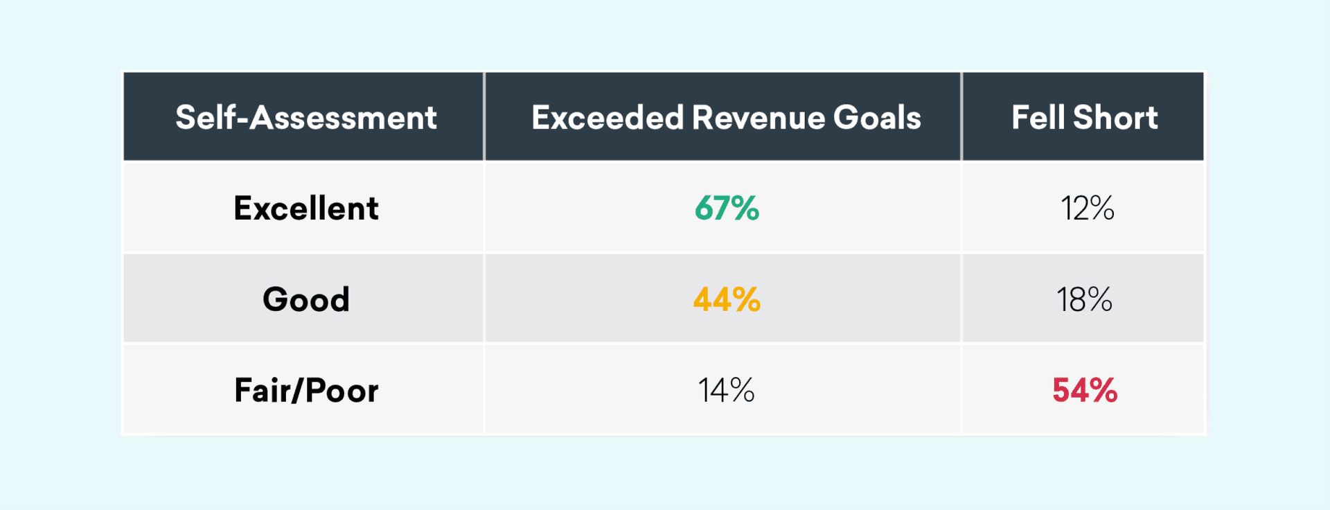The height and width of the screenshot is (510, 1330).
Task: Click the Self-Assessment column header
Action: click(305, 117)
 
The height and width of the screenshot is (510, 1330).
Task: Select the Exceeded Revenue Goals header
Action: click(726, 117)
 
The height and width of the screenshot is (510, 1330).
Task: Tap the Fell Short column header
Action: click(1084, 117)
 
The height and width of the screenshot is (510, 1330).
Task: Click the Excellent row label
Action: click(306, 208)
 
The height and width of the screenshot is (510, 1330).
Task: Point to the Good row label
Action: click(306, 299)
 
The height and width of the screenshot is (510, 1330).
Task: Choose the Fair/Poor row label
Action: click(306, 390)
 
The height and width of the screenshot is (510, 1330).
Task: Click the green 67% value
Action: click(727, 208)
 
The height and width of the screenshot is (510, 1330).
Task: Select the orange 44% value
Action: click(727, 299)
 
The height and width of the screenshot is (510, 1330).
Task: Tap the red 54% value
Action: click(1085, 390)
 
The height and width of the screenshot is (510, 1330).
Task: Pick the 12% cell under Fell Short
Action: click(1087, 208)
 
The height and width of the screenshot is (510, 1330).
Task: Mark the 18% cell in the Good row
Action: click(1084, 299)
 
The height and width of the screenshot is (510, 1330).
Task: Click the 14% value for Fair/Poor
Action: click(726, 390)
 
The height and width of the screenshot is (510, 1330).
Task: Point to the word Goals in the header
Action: click(877, 117)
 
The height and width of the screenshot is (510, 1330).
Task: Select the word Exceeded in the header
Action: click(608, 117)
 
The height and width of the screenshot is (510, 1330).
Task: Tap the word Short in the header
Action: click(1115, 117)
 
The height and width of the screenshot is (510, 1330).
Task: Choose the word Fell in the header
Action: click(1037, 117)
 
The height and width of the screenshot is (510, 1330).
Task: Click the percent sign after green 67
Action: click(745, 208)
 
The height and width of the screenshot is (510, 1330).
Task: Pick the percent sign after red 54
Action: click(1102, 390)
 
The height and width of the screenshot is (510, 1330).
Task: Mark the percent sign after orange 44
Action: click(746, 299)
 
